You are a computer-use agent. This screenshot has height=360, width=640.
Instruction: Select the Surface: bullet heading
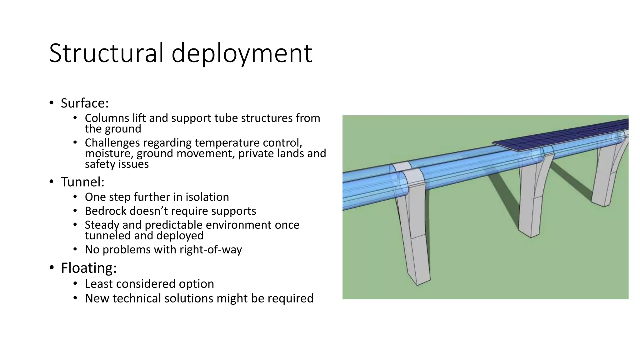pos(84,103)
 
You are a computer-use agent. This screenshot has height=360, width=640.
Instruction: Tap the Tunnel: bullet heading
pos(82,182)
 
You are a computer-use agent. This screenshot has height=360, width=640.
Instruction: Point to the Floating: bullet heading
pos(89,268)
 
